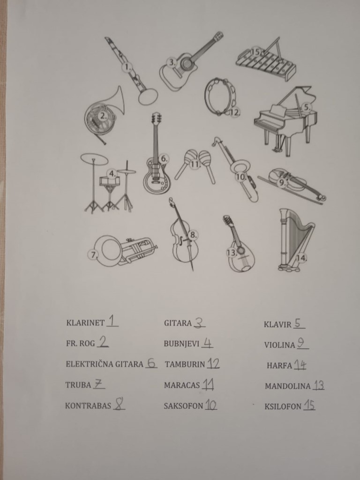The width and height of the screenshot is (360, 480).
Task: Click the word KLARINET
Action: pyautogui.click(x=85, y=323)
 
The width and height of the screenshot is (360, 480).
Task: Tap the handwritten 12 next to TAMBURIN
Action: pyautogui.click(x=214, y=363)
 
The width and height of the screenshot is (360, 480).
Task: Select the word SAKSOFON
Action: pyautogui.click(x=183, y=406)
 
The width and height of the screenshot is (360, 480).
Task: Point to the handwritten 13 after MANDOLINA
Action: pyautogui.click(x=319, y=385)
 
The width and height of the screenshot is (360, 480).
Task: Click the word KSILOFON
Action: pyautogui.click(x=283, y=406)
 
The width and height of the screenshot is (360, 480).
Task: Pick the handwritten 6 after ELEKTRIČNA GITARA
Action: pyautogui.click(x=151, y=363)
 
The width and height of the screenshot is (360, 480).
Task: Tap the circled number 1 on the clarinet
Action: pyautogui.click(x=127, y=67)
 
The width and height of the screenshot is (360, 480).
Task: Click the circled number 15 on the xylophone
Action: pyautogui.click(x=255, y=52)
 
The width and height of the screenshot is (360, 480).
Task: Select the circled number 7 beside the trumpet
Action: pyautogui.click(x=93, y=255)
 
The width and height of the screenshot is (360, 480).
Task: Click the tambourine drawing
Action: pyautogui.click(x=220, y=97)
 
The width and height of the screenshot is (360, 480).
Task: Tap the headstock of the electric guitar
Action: pyautogui.click(x=156, y=118)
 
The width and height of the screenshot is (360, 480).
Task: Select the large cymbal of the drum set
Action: pyautogui.click(x=94, y=159)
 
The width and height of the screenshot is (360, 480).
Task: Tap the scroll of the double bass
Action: pyautogui.click(x=171, y=201)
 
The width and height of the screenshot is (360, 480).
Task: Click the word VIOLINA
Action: pyautogui.click(x=279, y=345)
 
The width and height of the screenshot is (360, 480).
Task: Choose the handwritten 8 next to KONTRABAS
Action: pyautogui.click(x=119, y=405)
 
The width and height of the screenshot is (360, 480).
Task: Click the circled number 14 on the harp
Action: pyautogui.click(x=301, y=258)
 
